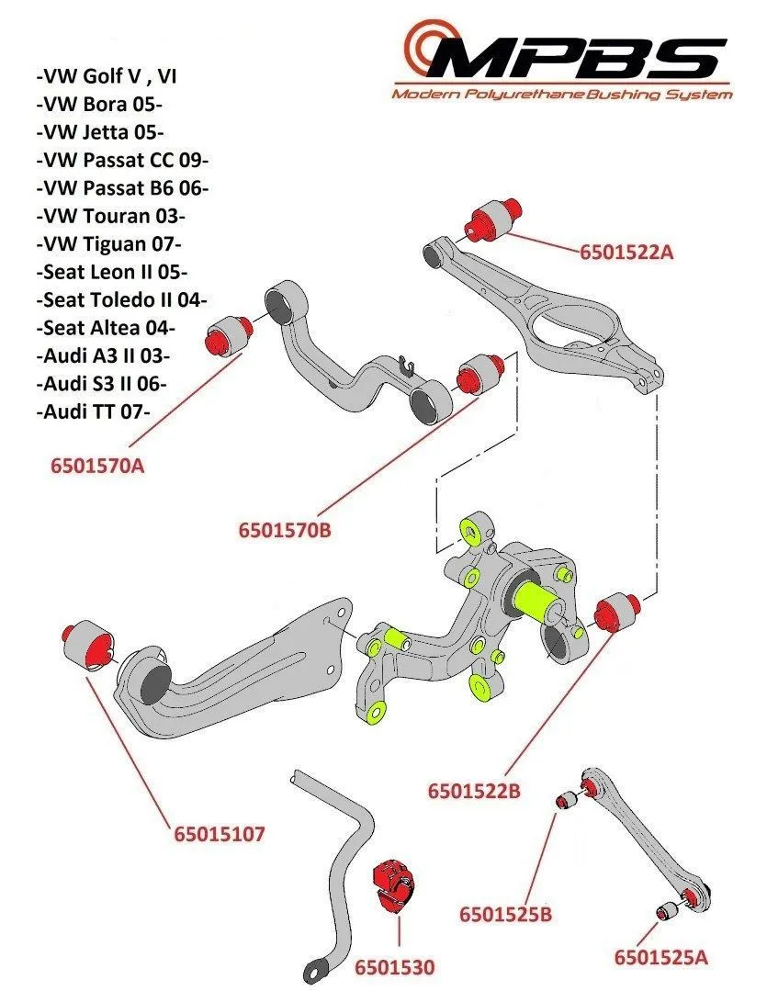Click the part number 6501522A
(626, 251)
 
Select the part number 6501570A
(98, 465)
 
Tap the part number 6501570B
(284, 530)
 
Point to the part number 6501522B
(474, 790)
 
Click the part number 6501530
(394, 966)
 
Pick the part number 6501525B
(505, 914)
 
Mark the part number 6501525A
(661, 958)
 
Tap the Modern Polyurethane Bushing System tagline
(561, 94)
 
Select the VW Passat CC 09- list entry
(121, 160)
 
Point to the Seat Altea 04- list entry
(107, 327)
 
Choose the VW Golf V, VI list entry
(107, 76)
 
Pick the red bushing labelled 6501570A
(227, 333)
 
